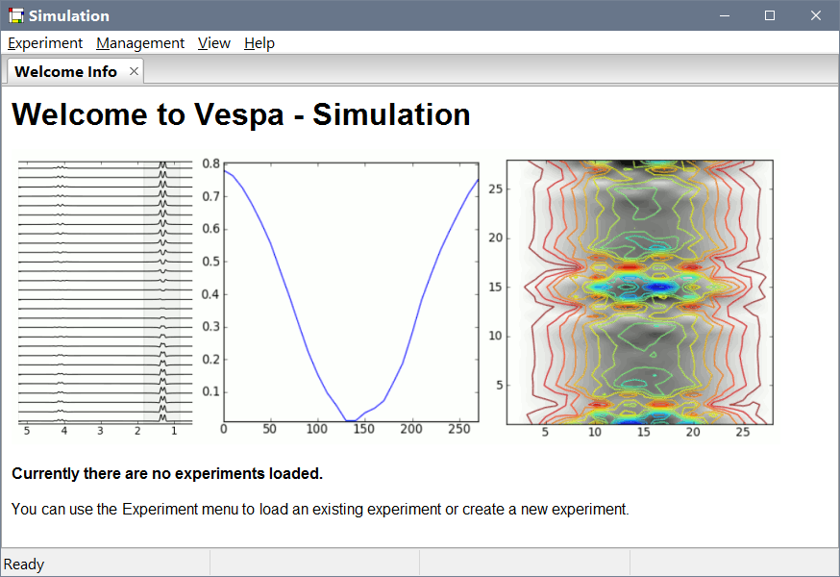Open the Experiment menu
45,43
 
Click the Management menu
140,43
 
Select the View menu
214,43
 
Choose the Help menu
259,43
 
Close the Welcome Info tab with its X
134,71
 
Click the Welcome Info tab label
65,72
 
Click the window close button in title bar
816,15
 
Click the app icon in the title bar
15,15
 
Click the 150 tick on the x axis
364,430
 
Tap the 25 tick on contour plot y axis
494,189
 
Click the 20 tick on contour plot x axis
693,433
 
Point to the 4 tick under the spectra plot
63,432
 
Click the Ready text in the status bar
25,564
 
